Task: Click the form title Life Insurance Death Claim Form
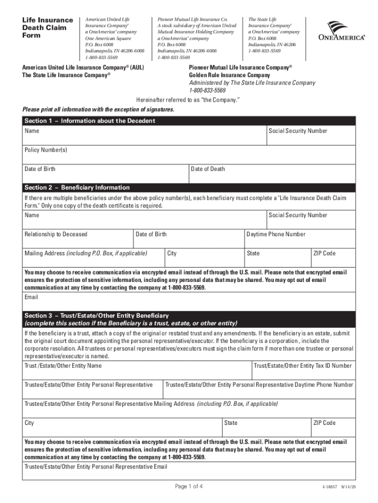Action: pos(44,28)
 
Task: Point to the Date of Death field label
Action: pos(208,169)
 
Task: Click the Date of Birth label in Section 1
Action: pos(40,169)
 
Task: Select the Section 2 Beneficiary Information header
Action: pos(77,187)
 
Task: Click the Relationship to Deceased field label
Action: pos(56,234)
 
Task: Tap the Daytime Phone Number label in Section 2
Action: pos(276,234)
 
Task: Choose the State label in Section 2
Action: pos(253,253)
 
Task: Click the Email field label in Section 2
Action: pos(31,297)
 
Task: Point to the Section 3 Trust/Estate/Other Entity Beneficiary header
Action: pos(97,315)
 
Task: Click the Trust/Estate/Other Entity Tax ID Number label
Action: pos(302,365)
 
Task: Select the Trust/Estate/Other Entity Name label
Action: pos(63,365)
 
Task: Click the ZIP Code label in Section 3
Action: pos(324,423)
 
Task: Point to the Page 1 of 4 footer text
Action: pos(189,486)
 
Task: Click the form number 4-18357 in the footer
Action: pos(330,487)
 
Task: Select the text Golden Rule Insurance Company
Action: pos(229,75)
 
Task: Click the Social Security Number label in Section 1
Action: pos(297,131)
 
